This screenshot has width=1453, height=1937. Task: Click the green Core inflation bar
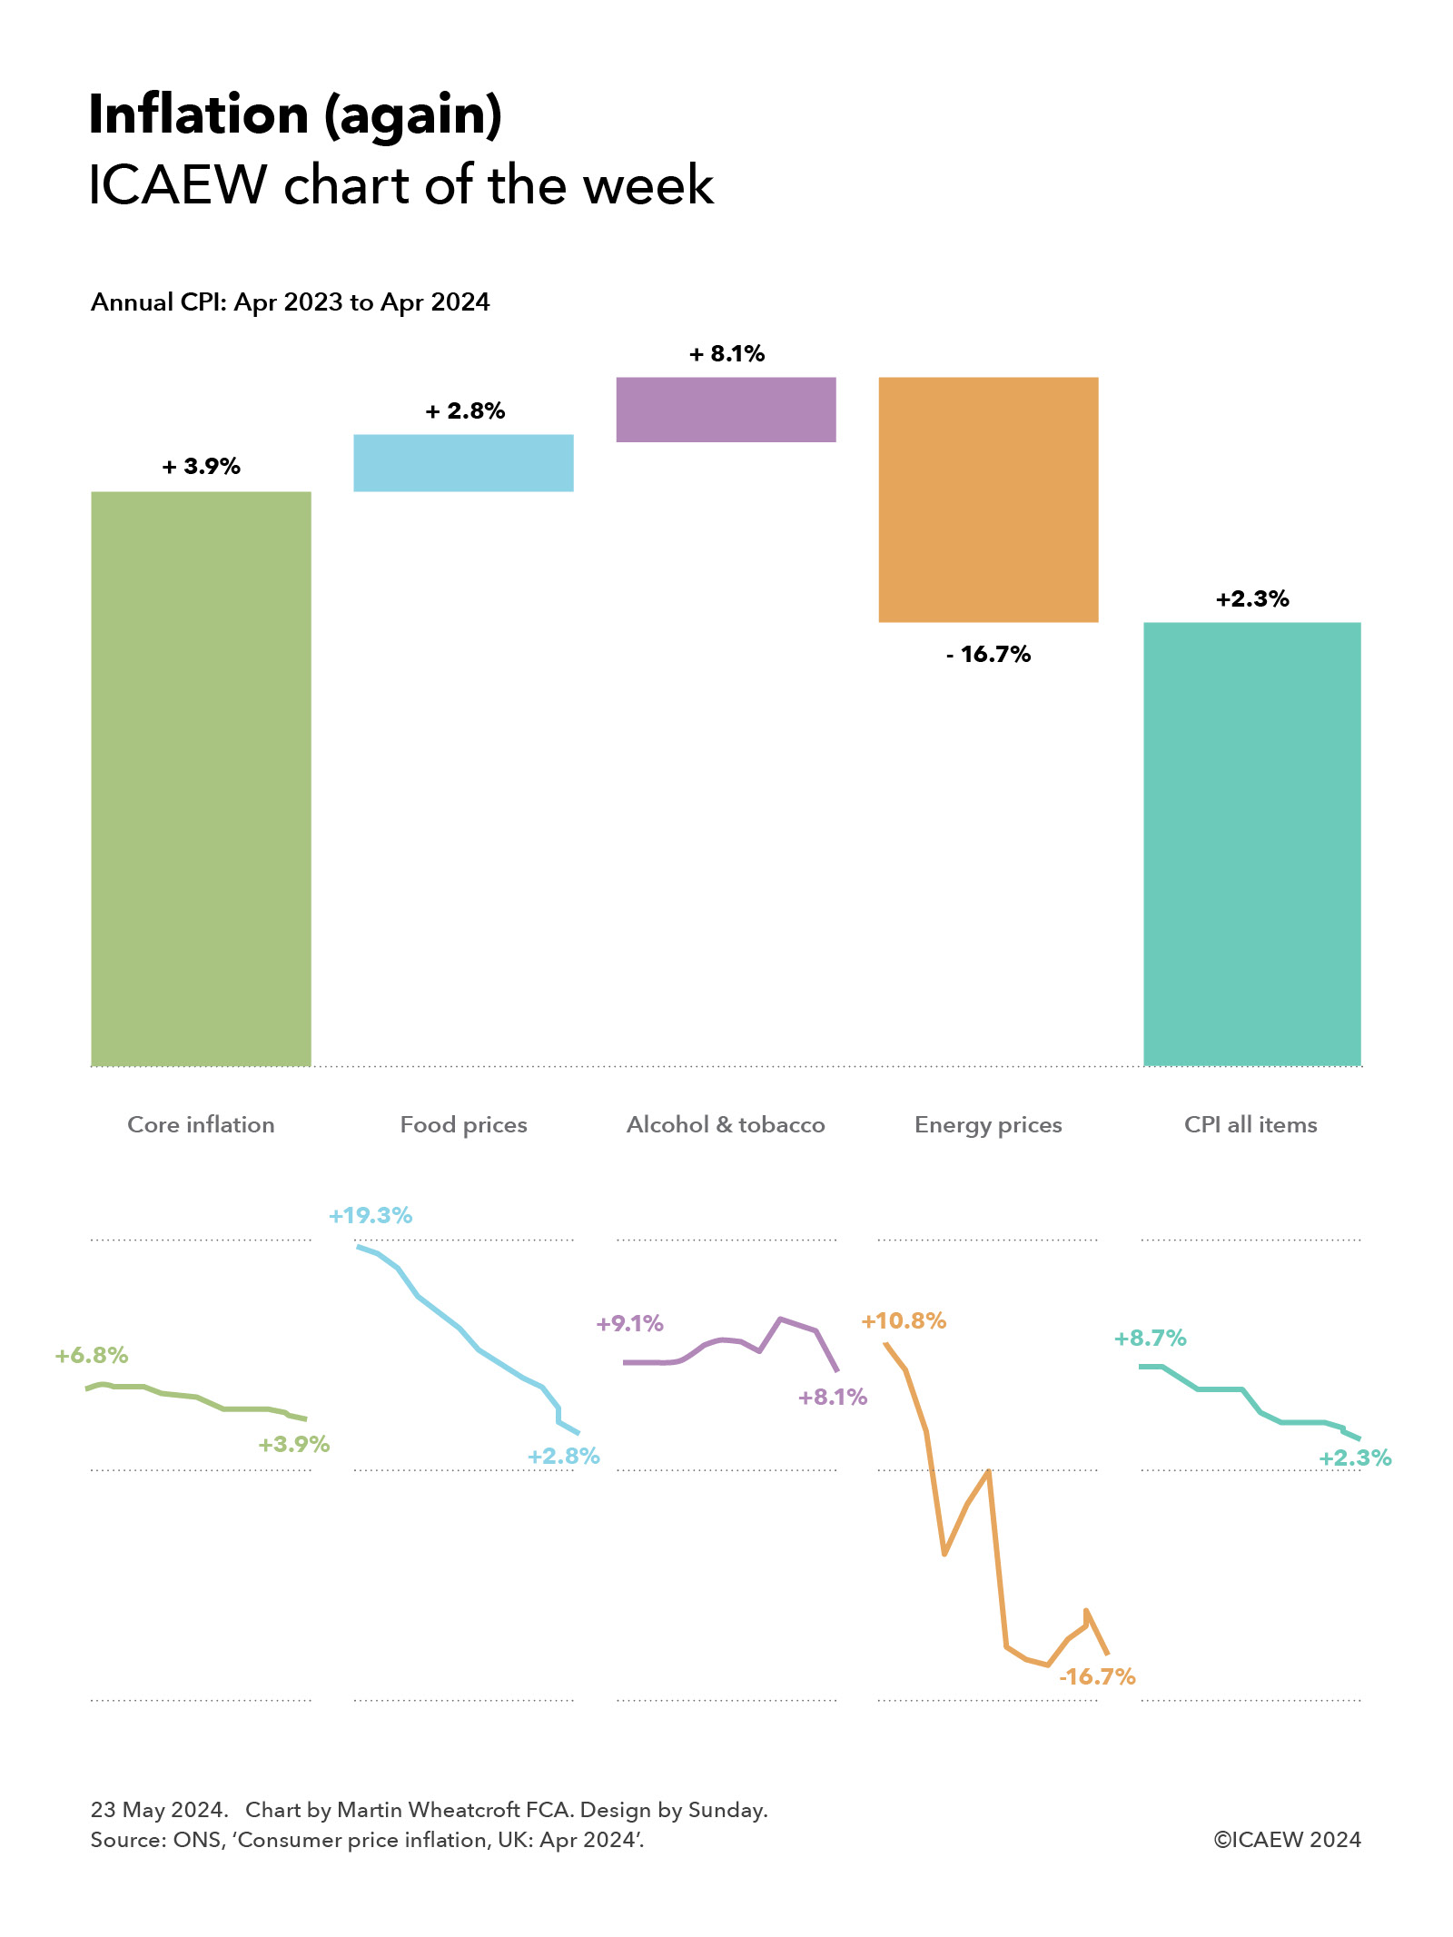(x=201, y=778)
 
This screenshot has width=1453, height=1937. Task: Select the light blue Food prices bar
(x=463, y=463)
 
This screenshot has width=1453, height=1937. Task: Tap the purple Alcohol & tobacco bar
(x=726, y=410)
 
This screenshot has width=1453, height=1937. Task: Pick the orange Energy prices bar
(x=988, y=499)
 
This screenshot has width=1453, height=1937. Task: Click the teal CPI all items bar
(x=1251, y=844)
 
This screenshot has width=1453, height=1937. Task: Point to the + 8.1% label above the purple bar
(x=727, y=354)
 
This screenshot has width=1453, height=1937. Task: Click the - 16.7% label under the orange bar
(x=988, y=655)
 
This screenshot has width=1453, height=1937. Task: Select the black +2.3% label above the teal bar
(x=1252, y=599)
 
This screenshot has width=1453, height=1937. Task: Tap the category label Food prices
(x=463, y=1125)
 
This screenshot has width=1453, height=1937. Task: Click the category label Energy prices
(x=988, y=1125)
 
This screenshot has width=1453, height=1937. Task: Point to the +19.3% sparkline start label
(x=371, y=1216)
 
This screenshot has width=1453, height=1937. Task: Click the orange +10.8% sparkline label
(x=904, y=1321)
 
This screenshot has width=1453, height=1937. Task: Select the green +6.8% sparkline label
(x=92, y=1356)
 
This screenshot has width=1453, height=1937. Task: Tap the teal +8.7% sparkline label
(x=1151, y=1339)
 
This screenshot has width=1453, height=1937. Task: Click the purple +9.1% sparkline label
(x=630, y=1324)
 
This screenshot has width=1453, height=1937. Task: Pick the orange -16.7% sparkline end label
(x=1097, y=1677)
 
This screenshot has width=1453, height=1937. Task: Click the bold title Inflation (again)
(x=295, y=115)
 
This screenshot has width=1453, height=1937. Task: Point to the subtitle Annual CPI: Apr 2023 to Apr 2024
(x=290, y=302)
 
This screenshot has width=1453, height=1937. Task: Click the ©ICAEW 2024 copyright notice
(x=1287, y=1840)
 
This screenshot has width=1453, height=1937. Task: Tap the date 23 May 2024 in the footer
(x=158, y=1810)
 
